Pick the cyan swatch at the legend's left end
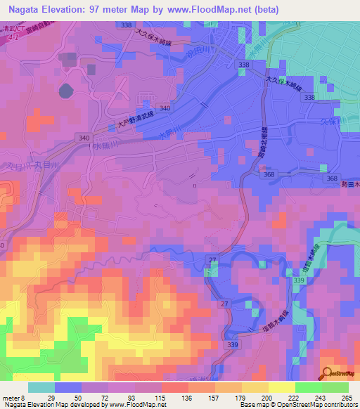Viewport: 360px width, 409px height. pos(41,387)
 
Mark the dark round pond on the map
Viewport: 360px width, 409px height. pos(65,91)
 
